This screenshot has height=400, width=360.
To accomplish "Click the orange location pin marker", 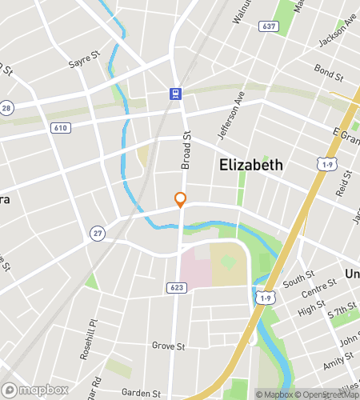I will point(181,199).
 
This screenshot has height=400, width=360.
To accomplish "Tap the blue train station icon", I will point(174,94).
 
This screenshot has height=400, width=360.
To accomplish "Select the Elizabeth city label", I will point(250,165).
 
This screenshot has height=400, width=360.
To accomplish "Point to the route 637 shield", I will point(268,27).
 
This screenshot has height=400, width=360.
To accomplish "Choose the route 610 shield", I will point(60,127).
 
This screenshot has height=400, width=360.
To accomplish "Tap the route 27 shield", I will point(97,232).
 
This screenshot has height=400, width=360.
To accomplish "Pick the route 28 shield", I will point(6,107).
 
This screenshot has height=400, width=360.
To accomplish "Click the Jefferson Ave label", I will point(229,117).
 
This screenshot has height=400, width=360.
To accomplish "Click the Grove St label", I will point(168,346).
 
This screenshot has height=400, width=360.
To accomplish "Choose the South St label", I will point(298,280).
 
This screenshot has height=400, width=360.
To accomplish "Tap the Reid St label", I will point(345,185).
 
